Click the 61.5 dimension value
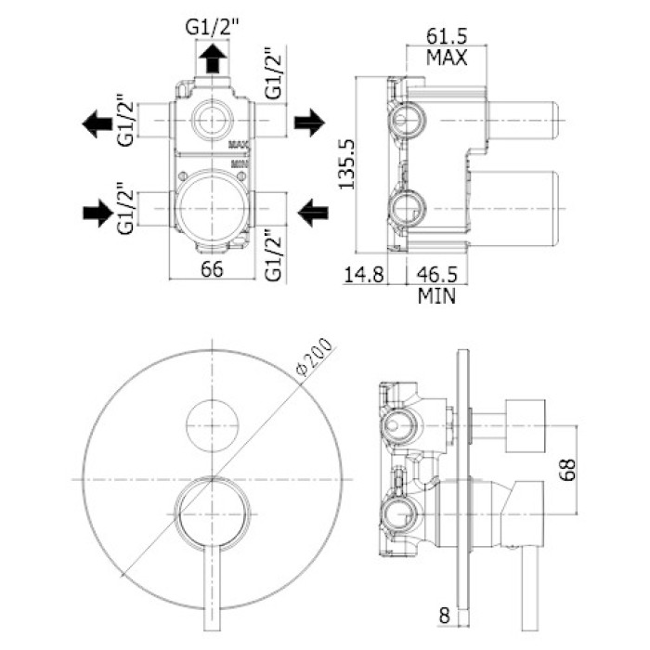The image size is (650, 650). [x=446, y=36]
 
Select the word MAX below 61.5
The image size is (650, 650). [x=446, y=58]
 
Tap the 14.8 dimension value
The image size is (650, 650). [x=363, y=275]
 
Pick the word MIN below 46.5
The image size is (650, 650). [x=436, y=297]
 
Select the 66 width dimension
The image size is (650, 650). [x=214, y=270]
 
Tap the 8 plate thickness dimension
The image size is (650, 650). [x=445, y=615]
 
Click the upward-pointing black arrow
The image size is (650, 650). [x=213, y=59]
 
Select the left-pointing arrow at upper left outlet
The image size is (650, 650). [x=96, y=123]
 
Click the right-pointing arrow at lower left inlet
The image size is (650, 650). [x=96, y=213]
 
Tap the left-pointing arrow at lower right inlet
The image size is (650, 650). [x=312, y=213]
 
